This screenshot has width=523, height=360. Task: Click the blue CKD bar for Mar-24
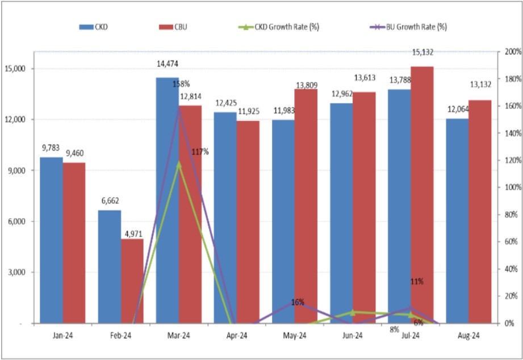tap(167, 199)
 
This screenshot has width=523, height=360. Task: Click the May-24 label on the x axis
tap(295, 336)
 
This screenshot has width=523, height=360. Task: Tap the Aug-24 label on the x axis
tap(468, 336)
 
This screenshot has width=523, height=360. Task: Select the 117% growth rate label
tap(200, 152)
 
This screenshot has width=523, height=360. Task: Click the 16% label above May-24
tap(298, 302)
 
